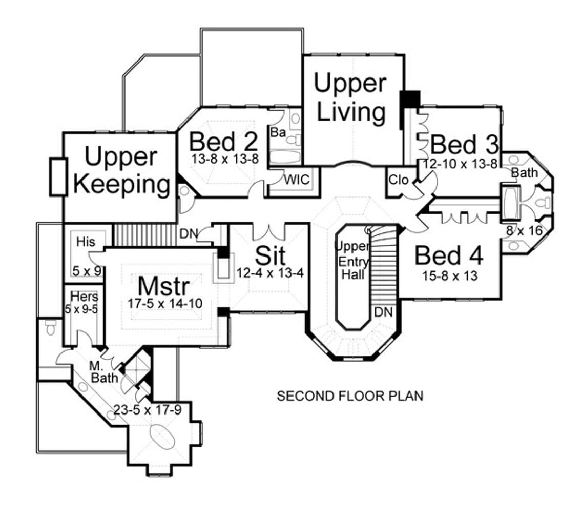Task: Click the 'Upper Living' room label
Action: click(x=350, y=97)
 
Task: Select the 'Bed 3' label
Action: click(x=464, y=145)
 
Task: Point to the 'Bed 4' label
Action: click(x=449, y=255)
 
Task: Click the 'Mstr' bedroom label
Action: click(x=164, y=285)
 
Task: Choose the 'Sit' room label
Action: click(x=270, y=255)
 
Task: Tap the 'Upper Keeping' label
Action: click(x=121, y=170)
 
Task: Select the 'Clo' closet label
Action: click(x=398, y=181)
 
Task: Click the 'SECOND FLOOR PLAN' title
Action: click(x=350, y=396)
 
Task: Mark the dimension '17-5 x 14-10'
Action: click(x=164, y=303)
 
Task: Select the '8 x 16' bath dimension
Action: click(x=524, y=231)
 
